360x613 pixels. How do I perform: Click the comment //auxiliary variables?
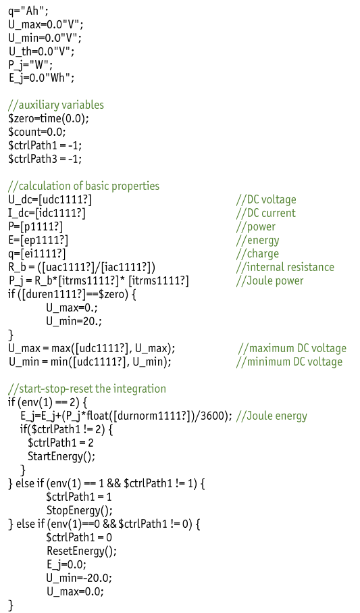click(56, 105)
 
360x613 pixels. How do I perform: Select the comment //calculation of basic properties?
click(84, 186)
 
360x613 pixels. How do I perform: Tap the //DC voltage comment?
click(266, 200)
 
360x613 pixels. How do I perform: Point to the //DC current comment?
click(266, 213)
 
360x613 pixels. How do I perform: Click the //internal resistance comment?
click(285, 267)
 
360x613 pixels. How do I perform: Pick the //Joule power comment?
click(269, 280)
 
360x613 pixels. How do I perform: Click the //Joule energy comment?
click(272, 416)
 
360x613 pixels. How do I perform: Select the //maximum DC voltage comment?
click(292, 348)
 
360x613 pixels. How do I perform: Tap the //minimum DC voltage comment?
click(289, 362)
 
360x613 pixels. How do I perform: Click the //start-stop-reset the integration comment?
click(86, 389)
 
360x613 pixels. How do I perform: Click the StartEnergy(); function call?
click(61, 456)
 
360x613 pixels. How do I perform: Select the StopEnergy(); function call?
click(79, 510)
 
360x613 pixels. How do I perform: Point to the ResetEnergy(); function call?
click(82, 551)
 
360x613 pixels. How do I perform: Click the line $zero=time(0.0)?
click(49, 118)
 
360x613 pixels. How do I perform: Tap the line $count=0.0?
click(37, 132)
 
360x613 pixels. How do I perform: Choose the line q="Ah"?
click(28, 10)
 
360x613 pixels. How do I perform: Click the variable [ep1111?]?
click(44, 240)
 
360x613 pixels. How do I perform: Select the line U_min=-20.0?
click(79, 578)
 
